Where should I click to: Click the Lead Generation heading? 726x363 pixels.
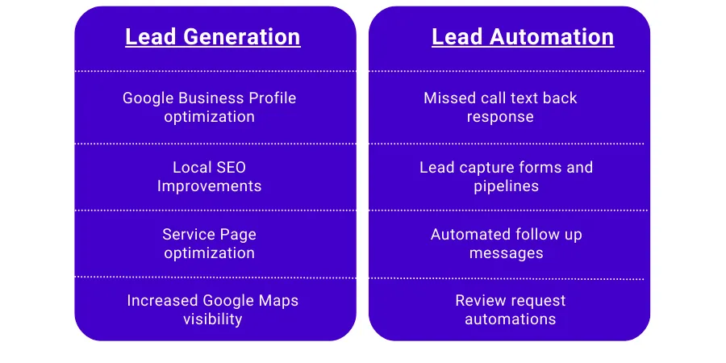[x=212, y=37]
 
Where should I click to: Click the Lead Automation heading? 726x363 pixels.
[x=523, y=37]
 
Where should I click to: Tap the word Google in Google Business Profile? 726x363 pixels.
[x=148, y=98]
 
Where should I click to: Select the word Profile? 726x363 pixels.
[x=270, y=98]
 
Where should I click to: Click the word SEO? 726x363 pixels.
[x=231, y=168]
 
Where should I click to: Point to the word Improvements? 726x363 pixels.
[x=209, y=186]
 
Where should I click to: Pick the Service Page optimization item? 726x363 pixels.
[x=209, y=244]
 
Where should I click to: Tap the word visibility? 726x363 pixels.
[x=212, y=319]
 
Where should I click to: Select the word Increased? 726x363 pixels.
[x=162, y=301]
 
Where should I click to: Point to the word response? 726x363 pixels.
[x=500, y=117]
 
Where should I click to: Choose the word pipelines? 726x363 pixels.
[x=506, y=186]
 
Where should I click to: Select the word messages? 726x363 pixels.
[x=506, y=253]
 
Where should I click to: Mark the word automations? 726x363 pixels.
[x=511, y=319]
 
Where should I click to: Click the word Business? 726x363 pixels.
[x=209, y=98]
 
